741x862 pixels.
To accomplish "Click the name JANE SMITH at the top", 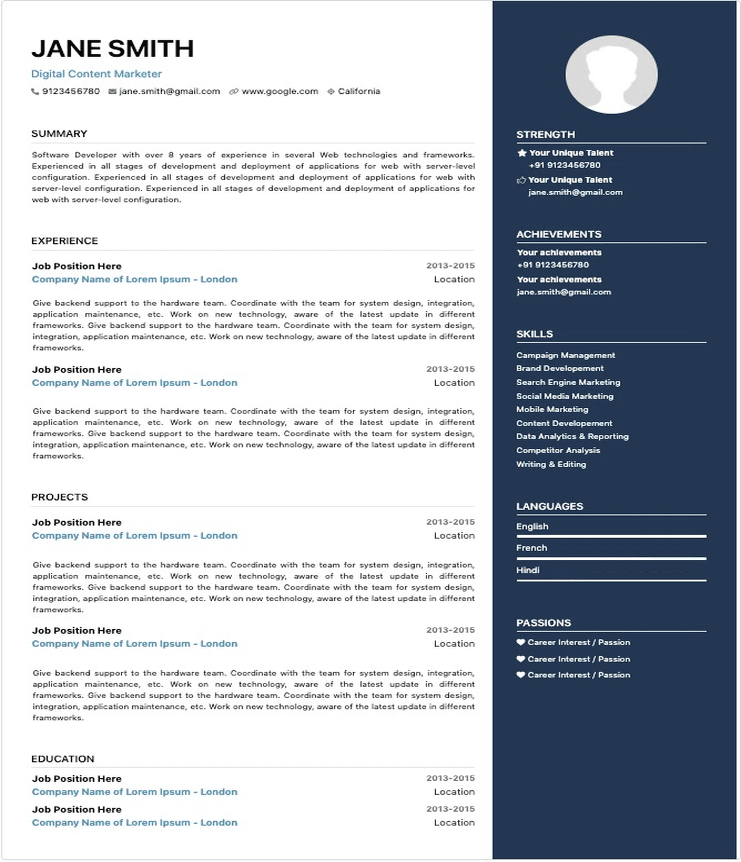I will (x=113, y=48).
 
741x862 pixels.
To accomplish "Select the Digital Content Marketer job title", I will (x=96, y=74).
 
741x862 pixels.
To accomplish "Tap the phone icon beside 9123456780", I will (x=35, y=92).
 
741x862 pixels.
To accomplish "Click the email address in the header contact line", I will (x=169, y=92).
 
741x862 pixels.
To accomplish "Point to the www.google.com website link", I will (x=279, y=92).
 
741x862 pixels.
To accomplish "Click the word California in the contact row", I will (x=359, y=92).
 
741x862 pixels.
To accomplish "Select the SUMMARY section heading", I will (x=59, y=134).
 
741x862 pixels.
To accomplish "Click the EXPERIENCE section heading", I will (x=65, y=241).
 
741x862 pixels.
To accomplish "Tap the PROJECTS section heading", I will (x=59, y=497).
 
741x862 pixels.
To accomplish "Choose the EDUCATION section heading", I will (x=62, y=759).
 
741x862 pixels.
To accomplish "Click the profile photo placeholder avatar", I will (x=611, y=74).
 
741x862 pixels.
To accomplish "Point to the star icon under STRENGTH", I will (x=521, y=153).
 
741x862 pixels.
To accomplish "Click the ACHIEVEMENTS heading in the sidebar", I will (x=558, y=234).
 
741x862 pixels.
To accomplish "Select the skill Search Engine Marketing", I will (x=568, y=382).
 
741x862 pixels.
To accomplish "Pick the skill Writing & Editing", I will (x=551, y=464).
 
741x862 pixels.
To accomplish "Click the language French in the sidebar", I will (x=532, y=548).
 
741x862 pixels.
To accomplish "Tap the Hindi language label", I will (x=528, y=570).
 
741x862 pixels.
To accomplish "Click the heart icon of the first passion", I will (x=521, y=642).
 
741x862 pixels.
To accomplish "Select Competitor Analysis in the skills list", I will (x=558, y=450).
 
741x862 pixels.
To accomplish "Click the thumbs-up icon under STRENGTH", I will (x=521, y=180).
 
